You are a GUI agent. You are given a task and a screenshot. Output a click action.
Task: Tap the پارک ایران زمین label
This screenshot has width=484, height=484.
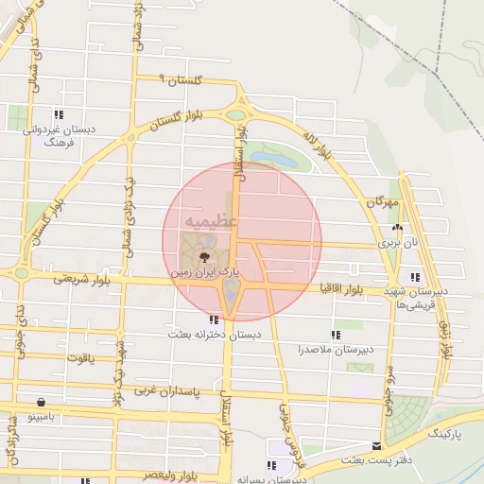pyautogui.click(x=204, y=272)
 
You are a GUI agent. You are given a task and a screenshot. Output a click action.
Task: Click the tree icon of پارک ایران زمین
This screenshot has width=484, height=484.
pyautogui.click(x=204, y=255)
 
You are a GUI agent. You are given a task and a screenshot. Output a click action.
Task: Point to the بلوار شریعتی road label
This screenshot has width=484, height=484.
pyautogui.click(x=83, y=278)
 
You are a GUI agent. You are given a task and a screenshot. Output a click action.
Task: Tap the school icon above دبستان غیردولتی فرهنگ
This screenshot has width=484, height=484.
pyautogui.click(x=60, y=114)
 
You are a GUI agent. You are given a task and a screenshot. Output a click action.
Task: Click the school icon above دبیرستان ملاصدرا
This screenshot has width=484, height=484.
pyautogui.click(x=335, y=335)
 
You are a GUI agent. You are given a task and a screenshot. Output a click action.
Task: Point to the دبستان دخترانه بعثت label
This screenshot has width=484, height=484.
pyautogui.click(x=214, y=335)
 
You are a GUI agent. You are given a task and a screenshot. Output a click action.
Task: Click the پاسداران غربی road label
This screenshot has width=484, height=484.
pyautogui.click(x=168, y=389)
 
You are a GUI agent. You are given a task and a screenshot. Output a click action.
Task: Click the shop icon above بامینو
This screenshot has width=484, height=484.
pyautogui.click(x=41, y=402)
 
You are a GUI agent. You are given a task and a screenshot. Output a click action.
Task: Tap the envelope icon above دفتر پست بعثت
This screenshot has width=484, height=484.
pyautogui.click(x=378, y=446)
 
